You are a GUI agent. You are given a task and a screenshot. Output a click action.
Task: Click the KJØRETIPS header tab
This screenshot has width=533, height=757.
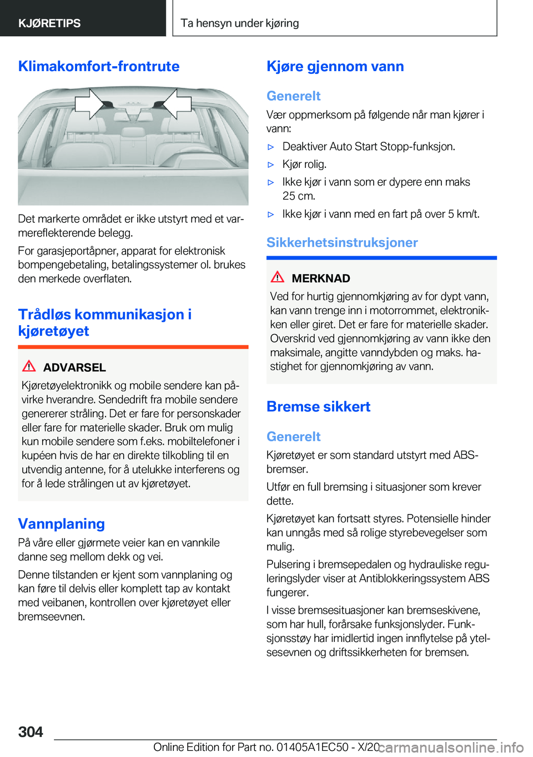49,23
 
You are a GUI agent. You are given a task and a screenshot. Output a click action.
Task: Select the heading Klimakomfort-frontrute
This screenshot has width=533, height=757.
99,66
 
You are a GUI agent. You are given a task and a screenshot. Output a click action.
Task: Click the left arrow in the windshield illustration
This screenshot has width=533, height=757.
89,103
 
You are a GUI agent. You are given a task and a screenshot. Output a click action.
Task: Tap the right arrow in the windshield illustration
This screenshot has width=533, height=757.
177,103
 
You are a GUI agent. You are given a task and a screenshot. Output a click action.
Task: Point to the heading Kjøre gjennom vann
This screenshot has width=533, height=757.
335,66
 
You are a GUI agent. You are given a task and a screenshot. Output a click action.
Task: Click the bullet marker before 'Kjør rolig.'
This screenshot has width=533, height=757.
271,165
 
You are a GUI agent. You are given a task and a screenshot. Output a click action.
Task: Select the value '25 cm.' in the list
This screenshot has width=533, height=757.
299,196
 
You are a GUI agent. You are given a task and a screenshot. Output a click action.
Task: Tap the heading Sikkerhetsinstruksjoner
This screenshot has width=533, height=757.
342,242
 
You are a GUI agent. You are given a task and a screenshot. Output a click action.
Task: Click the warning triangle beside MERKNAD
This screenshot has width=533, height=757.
278,277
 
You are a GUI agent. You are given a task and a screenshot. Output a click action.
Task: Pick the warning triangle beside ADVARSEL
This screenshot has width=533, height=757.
29,366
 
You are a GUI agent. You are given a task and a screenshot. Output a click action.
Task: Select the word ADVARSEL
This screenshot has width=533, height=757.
74,367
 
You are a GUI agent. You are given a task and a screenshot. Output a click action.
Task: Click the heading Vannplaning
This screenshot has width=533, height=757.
62,524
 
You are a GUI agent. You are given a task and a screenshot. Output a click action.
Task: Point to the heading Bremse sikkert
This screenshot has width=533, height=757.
318,406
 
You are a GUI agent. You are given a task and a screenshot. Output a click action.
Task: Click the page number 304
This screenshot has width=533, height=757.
31,731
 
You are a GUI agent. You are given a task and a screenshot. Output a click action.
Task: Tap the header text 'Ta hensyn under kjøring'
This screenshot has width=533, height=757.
240,23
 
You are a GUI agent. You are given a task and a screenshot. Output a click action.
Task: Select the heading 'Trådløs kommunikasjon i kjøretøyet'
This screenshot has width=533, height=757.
104,322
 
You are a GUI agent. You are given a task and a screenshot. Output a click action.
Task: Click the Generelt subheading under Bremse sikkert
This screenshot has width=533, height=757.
293,436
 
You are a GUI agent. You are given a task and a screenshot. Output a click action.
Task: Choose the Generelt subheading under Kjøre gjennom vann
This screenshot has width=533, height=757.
293,96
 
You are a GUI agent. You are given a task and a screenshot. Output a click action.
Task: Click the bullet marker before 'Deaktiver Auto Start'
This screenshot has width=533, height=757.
271,147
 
